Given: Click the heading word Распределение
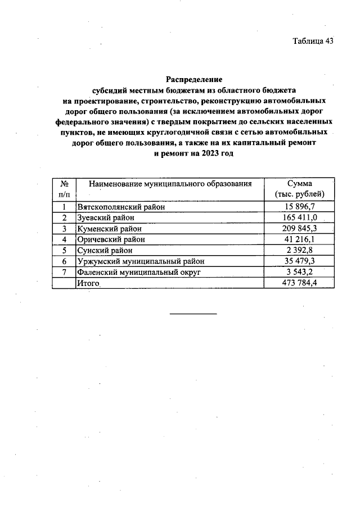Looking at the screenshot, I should click(x=194, y=80).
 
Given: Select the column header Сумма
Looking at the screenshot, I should click(x=299, y=184).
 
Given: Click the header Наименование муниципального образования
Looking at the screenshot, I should click(x=169, y=184).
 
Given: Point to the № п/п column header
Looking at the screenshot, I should click(x=64, y=189).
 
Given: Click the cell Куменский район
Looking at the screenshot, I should click(x=109, y=229).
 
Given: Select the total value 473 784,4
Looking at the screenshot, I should click(x=299, y=283).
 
